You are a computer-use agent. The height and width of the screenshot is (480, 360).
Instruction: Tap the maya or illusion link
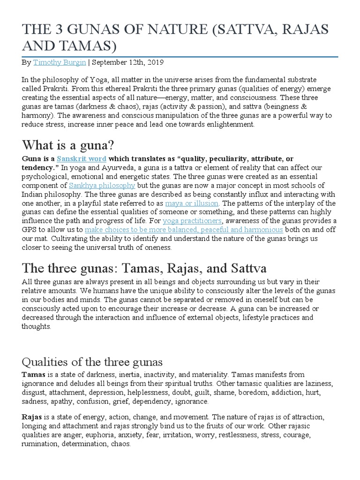click(x=192, y=203)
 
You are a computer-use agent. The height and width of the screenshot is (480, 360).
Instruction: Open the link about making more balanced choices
click(x=184, y=230)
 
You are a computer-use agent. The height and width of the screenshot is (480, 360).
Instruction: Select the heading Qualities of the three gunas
click(x=92, y=362)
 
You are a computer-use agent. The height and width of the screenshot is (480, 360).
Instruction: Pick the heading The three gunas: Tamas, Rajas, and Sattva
click(x=144, y=269)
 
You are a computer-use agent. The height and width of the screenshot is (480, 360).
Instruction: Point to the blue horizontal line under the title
click(x=180, y=57)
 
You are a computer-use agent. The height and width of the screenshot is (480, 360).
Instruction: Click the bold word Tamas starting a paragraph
click(x=33, y=375)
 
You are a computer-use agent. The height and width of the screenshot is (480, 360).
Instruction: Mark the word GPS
click(x=30, y=230)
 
